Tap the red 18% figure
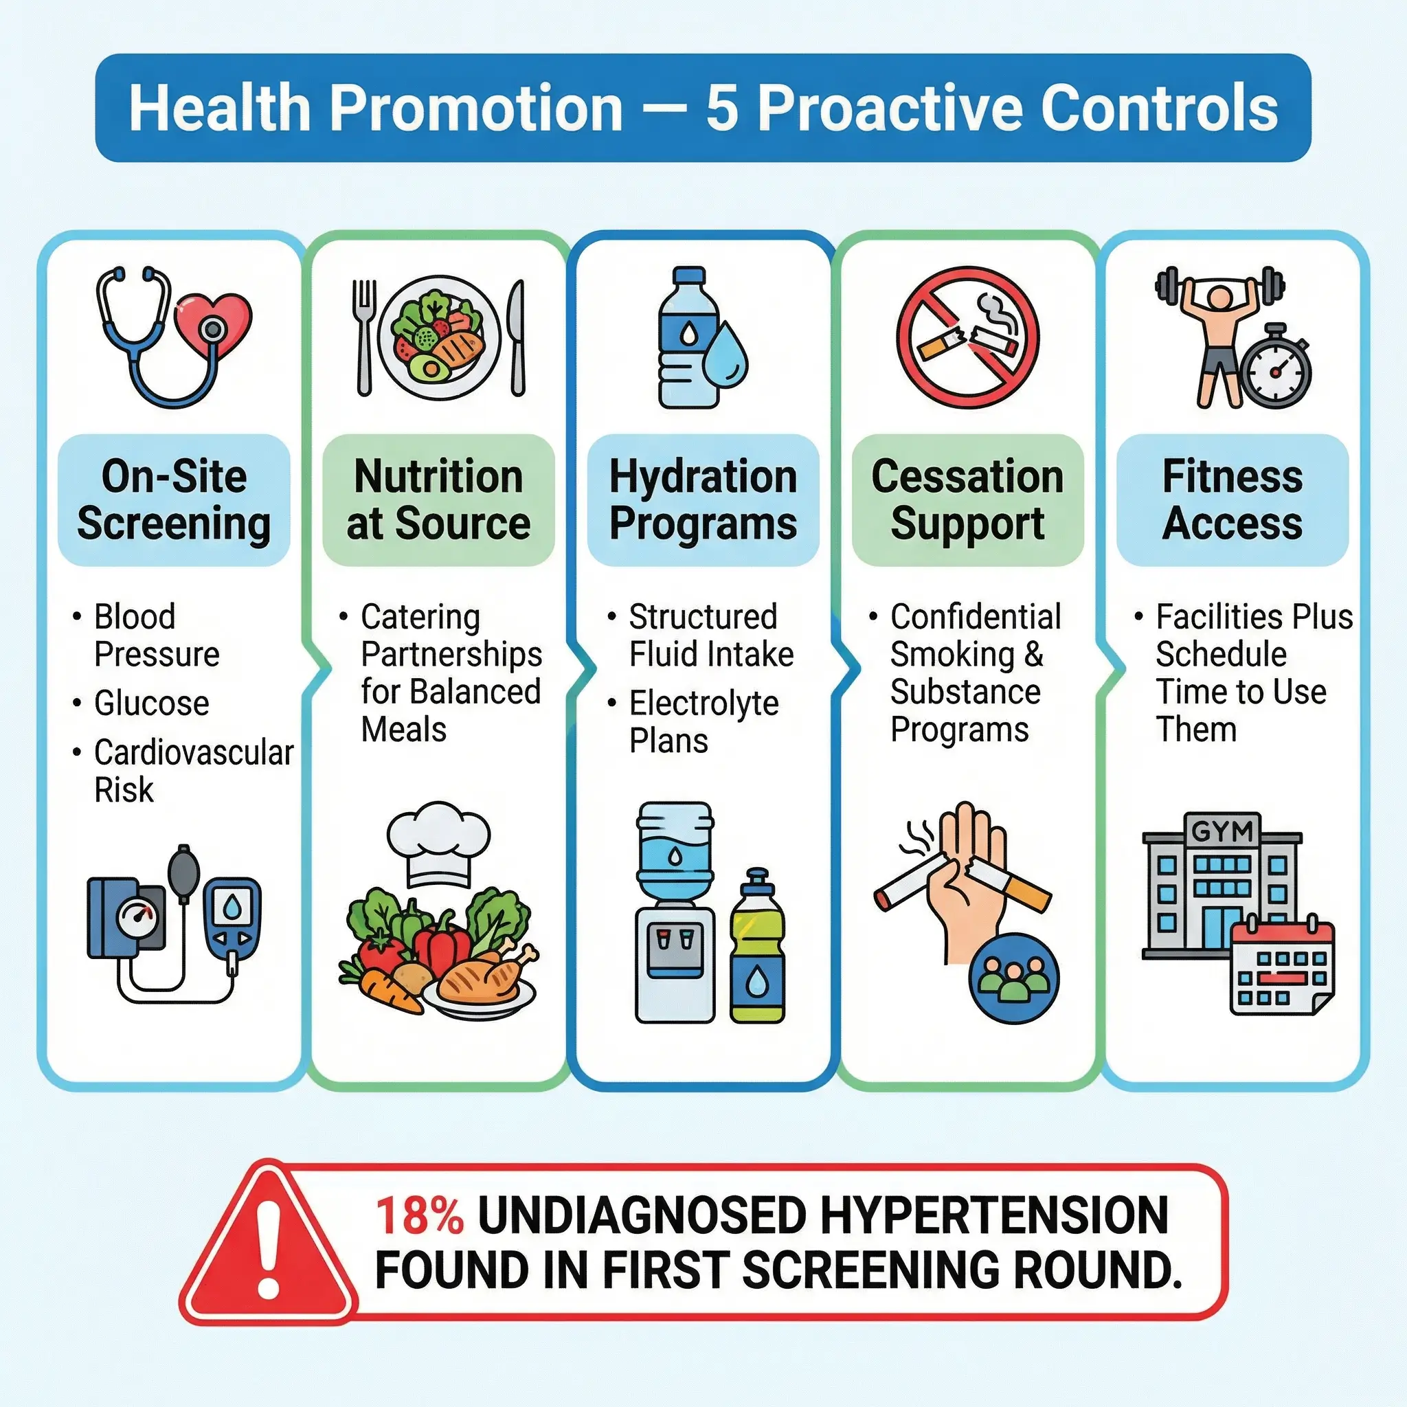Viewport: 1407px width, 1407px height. pos(420,1215)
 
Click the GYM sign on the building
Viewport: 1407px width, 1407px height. pos(1222,831)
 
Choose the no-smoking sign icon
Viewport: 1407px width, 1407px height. pos(968,337)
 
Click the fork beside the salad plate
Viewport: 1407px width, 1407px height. pos(364,338)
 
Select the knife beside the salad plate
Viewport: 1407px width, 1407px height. pos(517,338)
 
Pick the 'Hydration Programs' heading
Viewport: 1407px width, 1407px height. pos(703,499)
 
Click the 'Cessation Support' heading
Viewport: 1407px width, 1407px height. pos(968,499)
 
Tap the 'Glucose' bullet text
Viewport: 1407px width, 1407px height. pos(151,703)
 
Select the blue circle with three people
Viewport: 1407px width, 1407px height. pos(1015,978)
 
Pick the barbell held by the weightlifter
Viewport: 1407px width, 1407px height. pos(1220,286)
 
